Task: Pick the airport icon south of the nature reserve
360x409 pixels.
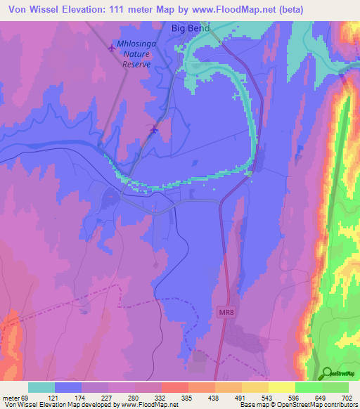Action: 155,129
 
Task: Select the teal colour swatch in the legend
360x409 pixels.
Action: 41,387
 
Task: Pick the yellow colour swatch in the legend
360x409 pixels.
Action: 281,387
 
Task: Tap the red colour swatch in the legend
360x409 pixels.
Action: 174,387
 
